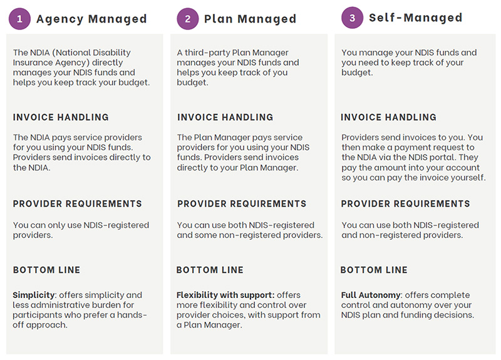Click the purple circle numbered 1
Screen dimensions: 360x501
[20, 19]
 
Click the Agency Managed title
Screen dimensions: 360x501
[91, 19]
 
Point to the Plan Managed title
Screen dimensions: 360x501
[250, 19]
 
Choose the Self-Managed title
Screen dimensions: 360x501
[415, 18]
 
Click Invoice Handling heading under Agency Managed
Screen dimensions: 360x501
[61, 117]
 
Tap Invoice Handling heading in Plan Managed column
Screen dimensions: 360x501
[225, 117]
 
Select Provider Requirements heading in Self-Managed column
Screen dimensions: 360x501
[405, 204]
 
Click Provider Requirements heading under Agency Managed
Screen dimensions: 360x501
[77, 204]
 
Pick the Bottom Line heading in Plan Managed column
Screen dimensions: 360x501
[210, 270]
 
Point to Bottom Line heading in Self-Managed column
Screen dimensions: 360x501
[374, 270]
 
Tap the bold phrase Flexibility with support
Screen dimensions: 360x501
[225, 295]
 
